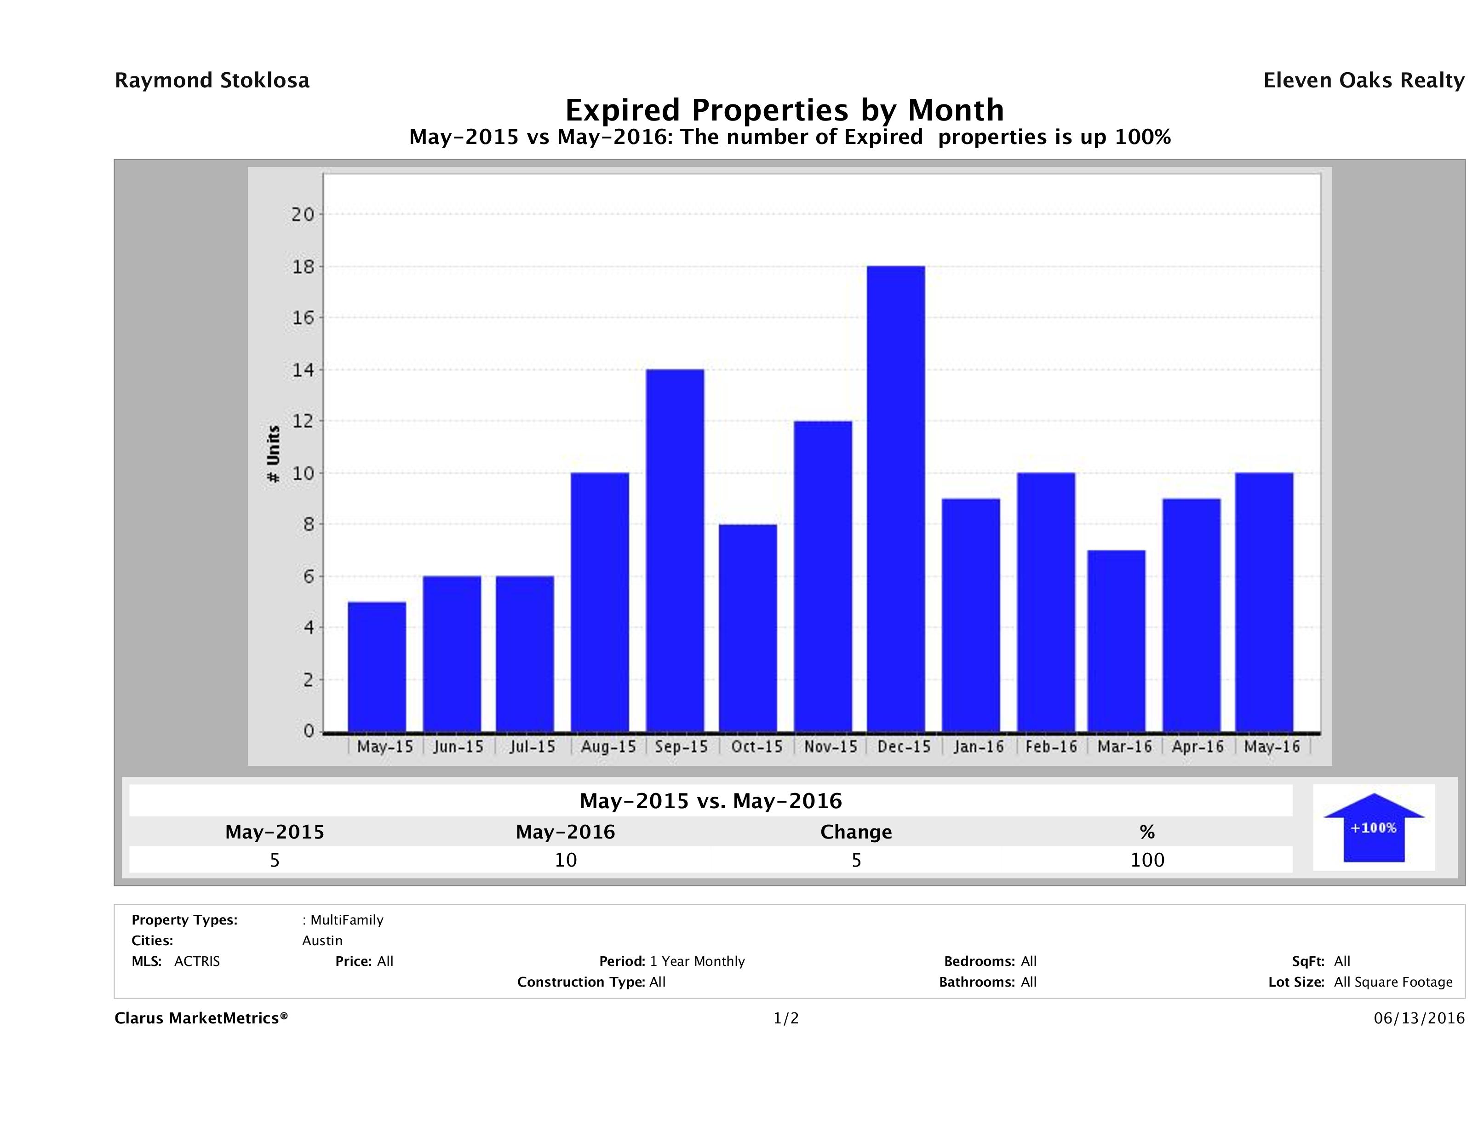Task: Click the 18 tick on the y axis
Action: [x=303, y=266]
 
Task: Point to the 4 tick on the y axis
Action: [x=309, y=628]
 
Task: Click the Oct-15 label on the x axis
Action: [x=757, y=747]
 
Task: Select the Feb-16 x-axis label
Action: [x=1051, y=747]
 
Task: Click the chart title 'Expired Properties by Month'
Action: [x=784, y=110]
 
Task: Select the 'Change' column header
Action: [x=856, y=832]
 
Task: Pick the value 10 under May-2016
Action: [x=566, y=860]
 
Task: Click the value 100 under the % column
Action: [x=1147, y=860]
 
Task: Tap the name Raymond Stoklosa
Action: [x=212, y=80]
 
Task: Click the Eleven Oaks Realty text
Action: [x=1363, y=80]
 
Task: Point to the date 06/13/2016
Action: [x=1419, y=1019]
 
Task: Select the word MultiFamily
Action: [x=347, y=920]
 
